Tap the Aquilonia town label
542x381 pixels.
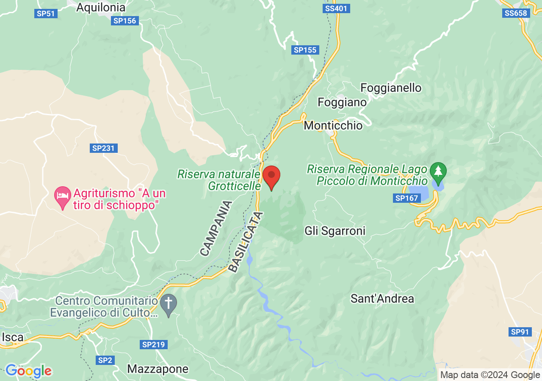(x=101, y=7)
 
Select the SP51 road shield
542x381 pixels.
(x=45, y=14)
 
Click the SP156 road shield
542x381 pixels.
(x=125, y=21)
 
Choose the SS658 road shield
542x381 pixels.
(x=516, y=13)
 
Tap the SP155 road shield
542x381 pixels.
(x=305, y=50)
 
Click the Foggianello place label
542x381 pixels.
(x=391, y=88)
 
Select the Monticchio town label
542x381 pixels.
(x=333, y=126)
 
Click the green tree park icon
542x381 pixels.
(x=438, y=171)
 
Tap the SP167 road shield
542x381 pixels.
(x=406, y=198)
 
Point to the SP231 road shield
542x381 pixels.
(x=104, y=148)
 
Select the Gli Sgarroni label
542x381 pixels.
(x=335, y=231)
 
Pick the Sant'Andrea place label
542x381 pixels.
(x=382, y=298)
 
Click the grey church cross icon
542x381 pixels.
(x=169, y=304)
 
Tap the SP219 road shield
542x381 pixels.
(x=153, y=345)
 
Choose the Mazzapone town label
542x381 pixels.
(x=158, y=369)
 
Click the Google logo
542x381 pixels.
(x=28, y=371)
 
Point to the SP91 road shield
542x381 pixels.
(x=520, y=332)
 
